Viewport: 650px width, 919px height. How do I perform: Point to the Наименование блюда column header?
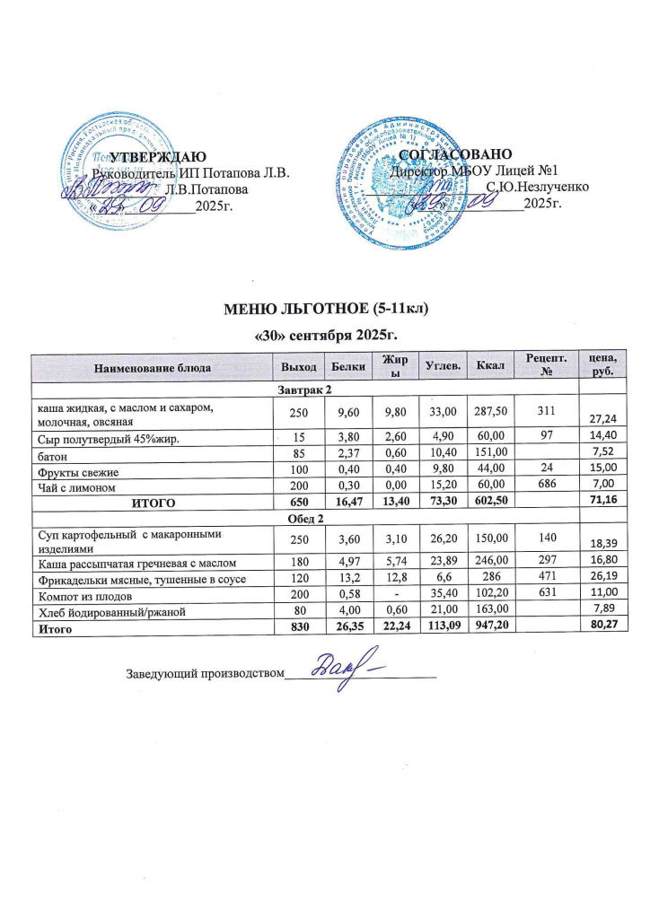click(x=151, y=366)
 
